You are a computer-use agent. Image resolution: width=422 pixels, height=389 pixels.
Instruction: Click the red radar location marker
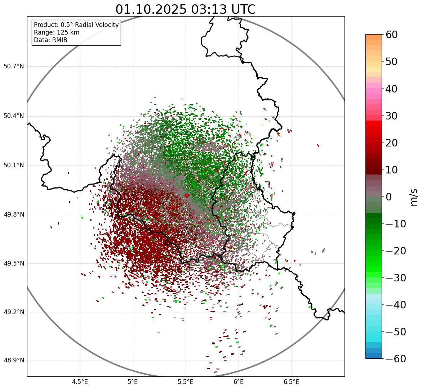tap(186, 195)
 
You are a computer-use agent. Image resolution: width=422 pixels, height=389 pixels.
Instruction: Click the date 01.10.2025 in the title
tap(151, 9)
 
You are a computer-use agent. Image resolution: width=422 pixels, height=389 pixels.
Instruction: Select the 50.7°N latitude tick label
tap(14, 67)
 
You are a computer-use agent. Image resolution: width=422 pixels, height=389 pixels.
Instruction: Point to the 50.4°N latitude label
tap(14, 116)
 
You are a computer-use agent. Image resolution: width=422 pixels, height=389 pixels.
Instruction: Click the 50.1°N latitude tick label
tap(14, 166)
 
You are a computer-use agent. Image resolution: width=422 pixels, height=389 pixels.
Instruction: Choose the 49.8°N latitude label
tap(14, 215)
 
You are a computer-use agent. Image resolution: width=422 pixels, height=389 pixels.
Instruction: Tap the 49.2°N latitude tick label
tap(14, 312)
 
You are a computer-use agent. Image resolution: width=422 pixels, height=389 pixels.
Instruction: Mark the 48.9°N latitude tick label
tap(14, 361)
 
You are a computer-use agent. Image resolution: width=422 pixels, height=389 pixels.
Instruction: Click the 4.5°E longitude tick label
tap(80, 382)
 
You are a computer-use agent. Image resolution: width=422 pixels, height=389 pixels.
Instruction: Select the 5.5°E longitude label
tap(186, 382)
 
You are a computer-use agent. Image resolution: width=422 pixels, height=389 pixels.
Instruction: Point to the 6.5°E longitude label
tap(291, 382)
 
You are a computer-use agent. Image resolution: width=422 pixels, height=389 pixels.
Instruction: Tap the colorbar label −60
tap(396, 359)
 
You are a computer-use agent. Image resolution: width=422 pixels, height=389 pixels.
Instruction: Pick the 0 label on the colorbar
tap(389, 197)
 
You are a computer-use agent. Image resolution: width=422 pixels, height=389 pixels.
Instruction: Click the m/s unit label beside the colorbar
tap(414, 197)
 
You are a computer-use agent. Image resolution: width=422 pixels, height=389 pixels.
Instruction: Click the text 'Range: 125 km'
tap(57, 32)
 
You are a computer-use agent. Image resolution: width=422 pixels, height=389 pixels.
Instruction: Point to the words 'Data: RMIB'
tap(50, 40)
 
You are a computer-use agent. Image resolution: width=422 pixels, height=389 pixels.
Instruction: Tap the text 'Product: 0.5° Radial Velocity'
tap(76, 25)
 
